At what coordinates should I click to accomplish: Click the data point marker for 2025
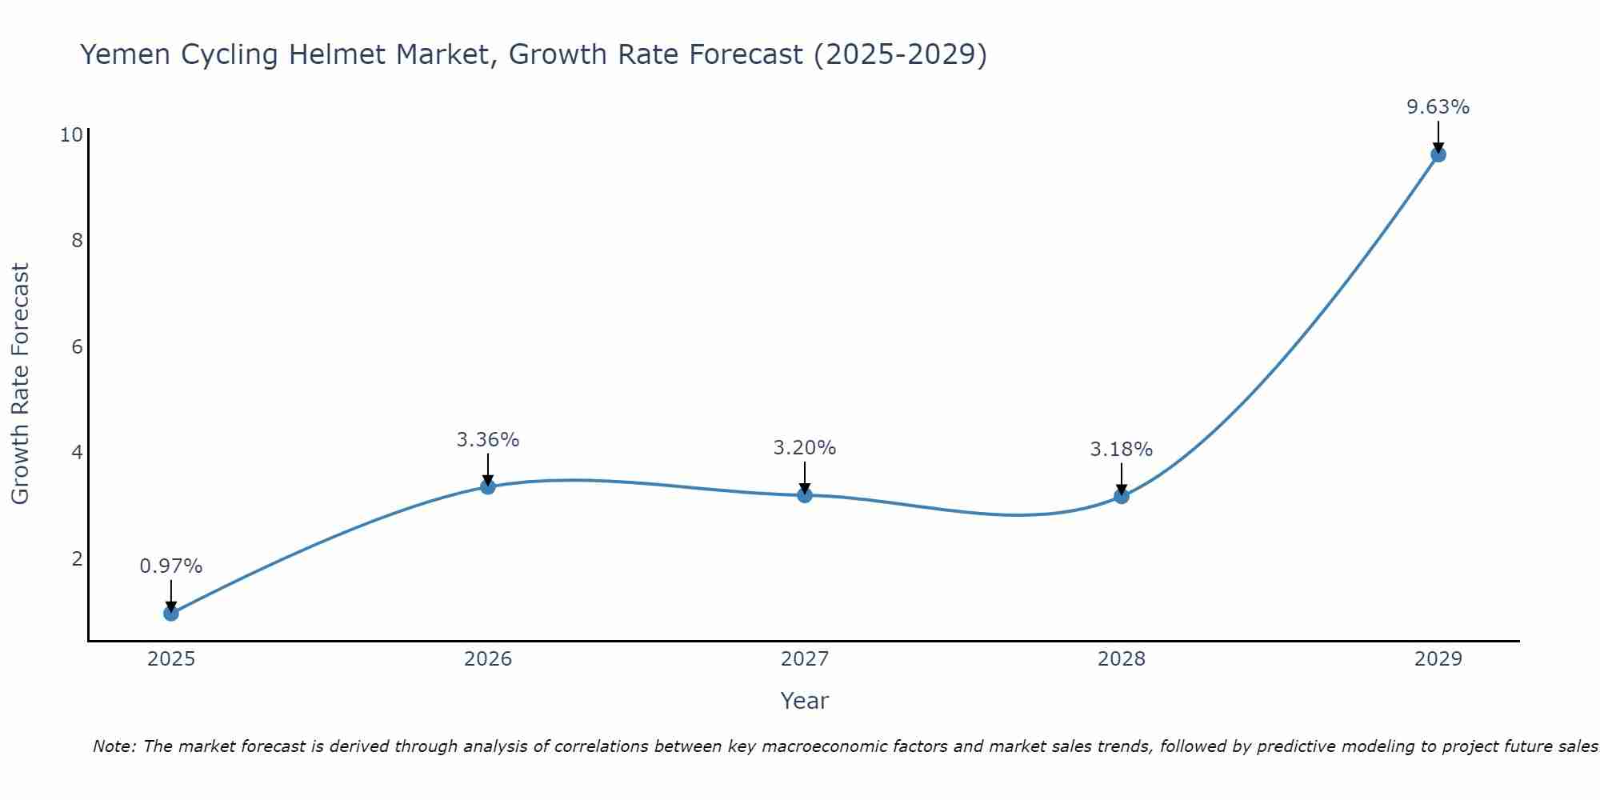coord(171,614)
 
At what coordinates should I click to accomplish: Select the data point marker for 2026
coord(488,486)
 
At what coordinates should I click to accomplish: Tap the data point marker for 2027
coord(805,495)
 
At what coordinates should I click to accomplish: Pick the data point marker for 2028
coord(1122,496)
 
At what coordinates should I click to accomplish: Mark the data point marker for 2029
coord(1438,154)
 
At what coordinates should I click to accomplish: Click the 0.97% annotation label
coord(171,566)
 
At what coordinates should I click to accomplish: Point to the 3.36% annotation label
coord(488,439)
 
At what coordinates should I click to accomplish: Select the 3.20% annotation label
coord(805,448)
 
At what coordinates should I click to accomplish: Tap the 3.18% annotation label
coord(1122,450)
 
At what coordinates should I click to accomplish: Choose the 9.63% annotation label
coord(1438,107)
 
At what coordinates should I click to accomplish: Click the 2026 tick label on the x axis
coord(488,659)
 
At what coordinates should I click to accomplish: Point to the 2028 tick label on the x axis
coord(1122,659)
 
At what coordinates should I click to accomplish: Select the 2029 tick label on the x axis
coord(1438,659)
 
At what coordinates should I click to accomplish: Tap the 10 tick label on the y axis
coord(71,134)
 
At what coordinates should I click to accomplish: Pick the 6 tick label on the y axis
coord(77,346)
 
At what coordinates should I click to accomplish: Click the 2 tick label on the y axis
coord(77,558)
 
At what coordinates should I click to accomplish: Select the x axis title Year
coord(805,701)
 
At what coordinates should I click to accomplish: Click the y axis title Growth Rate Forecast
coord(21,383)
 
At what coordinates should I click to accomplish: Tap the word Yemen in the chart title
coord(125,54)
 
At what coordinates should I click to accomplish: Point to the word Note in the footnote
coord(113,746)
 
